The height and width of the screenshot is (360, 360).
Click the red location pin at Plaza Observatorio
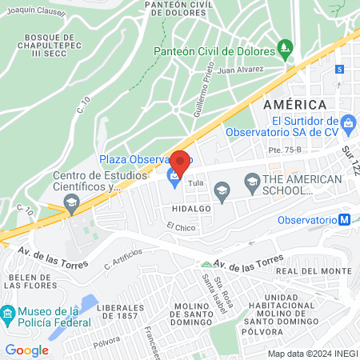179,162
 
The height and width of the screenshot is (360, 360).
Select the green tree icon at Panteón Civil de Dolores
285,53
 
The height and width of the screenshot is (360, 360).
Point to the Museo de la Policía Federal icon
8,313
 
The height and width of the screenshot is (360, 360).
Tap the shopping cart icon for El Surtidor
348,124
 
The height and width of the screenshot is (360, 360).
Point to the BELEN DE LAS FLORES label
30,282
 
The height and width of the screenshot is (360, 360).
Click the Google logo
27,350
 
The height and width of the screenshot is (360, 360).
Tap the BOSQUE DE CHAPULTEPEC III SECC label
49,44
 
